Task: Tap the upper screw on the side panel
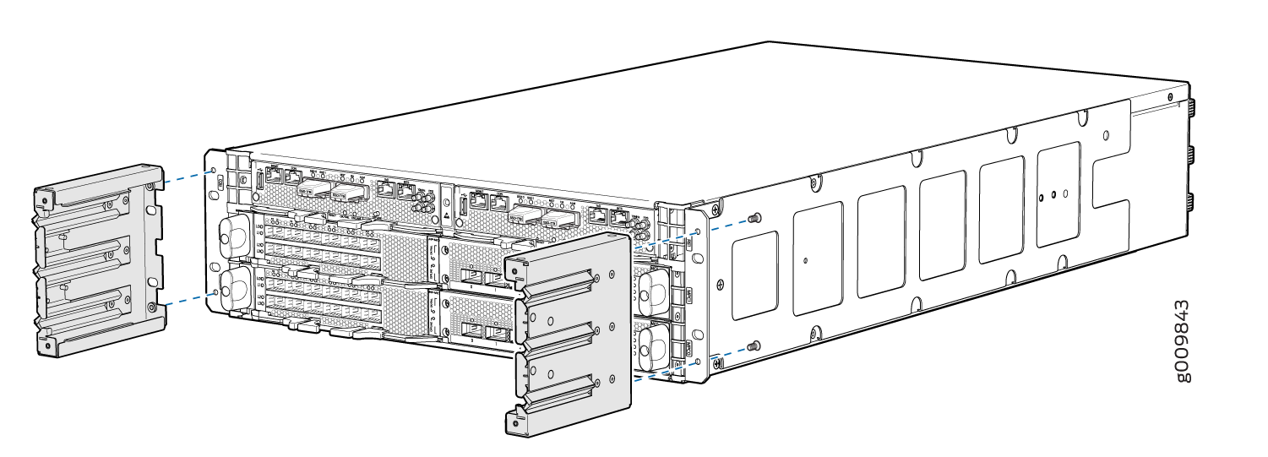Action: (x=754, y=216)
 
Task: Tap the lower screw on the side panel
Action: (x=754, y=345)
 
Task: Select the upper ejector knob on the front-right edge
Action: (x=651, y=288)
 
